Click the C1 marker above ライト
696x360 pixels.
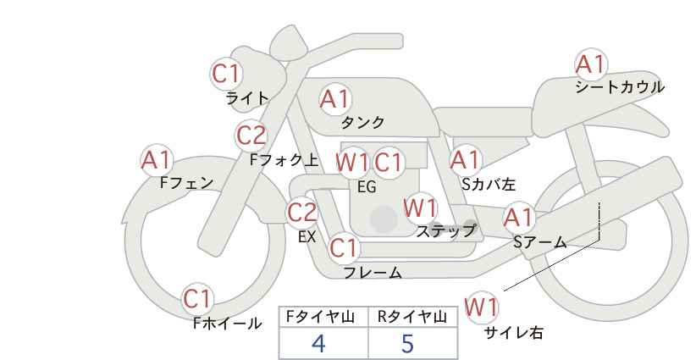point(226,74)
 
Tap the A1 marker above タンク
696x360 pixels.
point(334,99)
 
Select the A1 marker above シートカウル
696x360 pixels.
point(590,64)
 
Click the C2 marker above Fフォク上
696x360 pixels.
point(251,136)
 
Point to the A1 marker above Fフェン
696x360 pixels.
point(156,160)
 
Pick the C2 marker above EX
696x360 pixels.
point(301,213)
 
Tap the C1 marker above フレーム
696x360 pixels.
point(344,247)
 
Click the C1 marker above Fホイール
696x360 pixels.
point(197,299)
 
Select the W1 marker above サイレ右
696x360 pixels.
point(481,307)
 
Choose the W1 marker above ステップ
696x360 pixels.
point(421,208)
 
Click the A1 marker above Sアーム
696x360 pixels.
point(518,218)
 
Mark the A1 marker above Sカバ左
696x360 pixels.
point(465,160)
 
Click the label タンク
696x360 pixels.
point(362,122)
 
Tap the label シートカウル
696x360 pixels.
point(620,86)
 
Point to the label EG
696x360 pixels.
point(367,187)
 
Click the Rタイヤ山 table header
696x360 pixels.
point(412,317)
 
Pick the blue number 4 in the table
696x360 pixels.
point(318,343)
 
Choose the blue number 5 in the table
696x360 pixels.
point(407,343)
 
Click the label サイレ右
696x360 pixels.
point(514,333)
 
